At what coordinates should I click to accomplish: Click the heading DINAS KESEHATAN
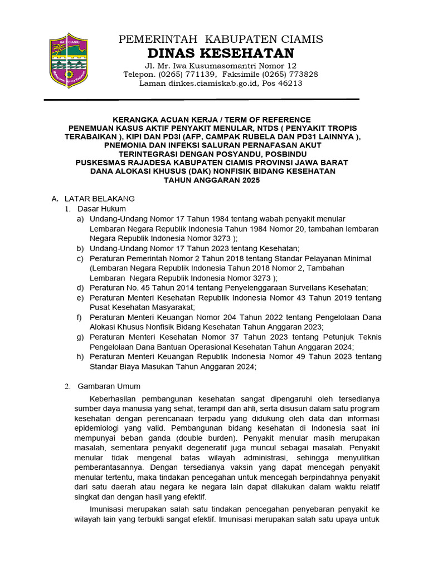(221, 53)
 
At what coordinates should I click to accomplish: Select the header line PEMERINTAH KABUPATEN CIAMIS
(221, 38)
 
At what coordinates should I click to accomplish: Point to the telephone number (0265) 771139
(187, 74)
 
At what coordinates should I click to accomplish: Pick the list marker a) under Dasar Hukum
(81, 219)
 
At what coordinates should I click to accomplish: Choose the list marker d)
(81, 288)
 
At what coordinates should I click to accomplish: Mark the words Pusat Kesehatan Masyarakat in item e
(142, 307)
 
